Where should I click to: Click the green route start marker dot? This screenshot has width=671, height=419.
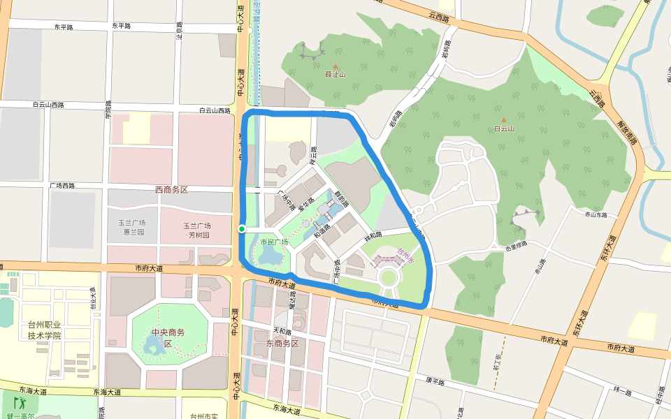(241, 229)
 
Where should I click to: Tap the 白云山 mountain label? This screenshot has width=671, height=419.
(503, 128)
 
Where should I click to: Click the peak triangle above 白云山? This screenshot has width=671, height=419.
(502, 110)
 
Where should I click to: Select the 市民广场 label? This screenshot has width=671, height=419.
(274, 242)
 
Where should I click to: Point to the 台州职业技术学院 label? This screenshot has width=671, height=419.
(45, 330)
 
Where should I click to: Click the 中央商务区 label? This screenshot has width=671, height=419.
(168, 337)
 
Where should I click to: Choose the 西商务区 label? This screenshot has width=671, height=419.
(172, 190)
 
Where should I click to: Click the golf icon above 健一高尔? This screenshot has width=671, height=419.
(19, 404)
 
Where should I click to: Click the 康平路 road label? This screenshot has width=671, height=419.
(435, 381)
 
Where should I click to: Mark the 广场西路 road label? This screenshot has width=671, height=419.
(62, 186)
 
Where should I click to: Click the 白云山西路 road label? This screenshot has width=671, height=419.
(215, 110)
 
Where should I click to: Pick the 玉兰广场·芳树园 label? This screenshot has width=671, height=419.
(197, 230)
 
